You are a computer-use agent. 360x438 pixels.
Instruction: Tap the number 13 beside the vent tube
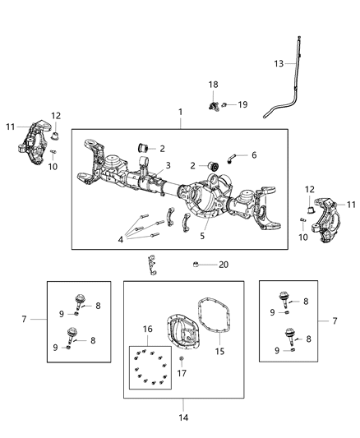point(279,63)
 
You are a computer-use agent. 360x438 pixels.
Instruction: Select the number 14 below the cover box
point(183,417)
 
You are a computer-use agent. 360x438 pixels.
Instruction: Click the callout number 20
point(224,265)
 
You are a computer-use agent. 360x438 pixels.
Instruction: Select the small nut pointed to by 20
point(197,264)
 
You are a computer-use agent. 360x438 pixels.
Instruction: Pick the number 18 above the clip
point(213,85)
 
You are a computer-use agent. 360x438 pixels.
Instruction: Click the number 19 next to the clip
point(244,104)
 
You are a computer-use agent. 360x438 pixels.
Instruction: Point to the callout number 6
point(254,154)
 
